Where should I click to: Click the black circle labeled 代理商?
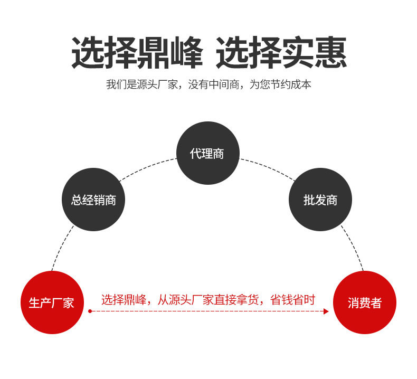(x=207, y=153)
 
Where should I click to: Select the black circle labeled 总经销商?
(x=93, y=200)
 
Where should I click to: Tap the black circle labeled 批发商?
(x=320, y=200)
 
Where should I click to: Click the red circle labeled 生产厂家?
(x=52, y=302)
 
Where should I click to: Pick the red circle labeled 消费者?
(x=365, y=302)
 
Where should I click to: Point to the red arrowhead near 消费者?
(x=326, y=311)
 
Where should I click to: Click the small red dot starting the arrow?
(x=90, y=311)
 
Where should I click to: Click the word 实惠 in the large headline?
(x=314, y=53)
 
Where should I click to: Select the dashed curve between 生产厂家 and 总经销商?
(x=61, y=248)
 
